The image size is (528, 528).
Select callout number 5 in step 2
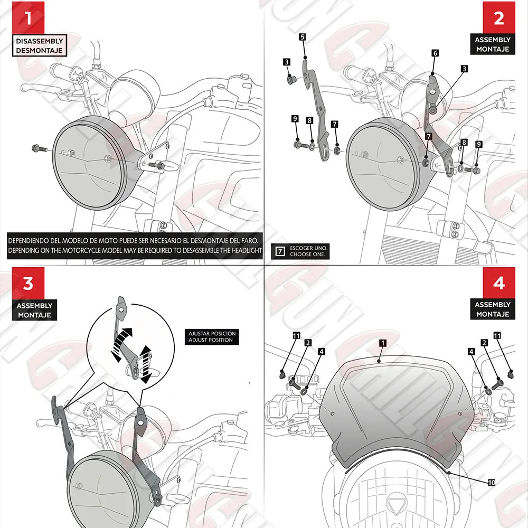point(302,37)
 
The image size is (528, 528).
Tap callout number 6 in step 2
point(435,53)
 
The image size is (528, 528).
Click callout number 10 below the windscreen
point(491,483)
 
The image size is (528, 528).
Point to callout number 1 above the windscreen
point(382,343)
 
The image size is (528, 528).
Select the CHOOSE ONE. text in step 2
point(309,254)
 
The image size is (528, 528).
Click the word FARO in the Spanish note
point(247,240)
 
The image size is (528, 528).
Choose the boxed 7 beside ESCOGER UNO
point(280,251)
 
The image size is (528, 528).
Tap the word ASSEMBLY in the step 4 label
point(492,305)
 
